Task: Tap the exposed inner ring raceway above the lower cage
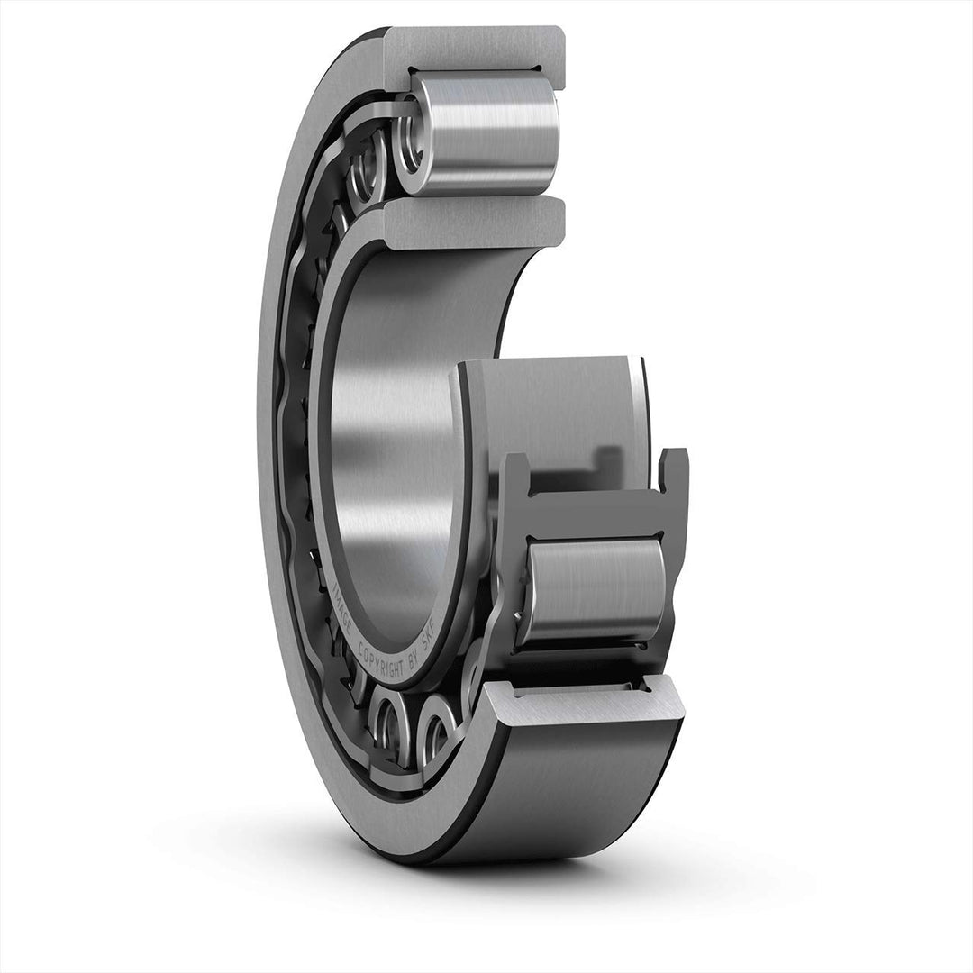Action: tap(559, 405)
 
